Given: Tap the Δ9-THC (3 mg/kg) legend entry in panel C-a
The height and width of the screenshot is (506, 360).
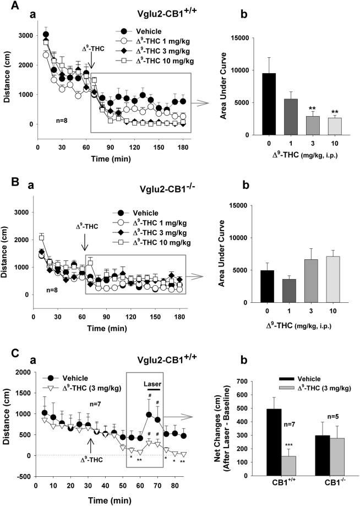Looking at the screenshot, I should (x=75, y=392).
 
